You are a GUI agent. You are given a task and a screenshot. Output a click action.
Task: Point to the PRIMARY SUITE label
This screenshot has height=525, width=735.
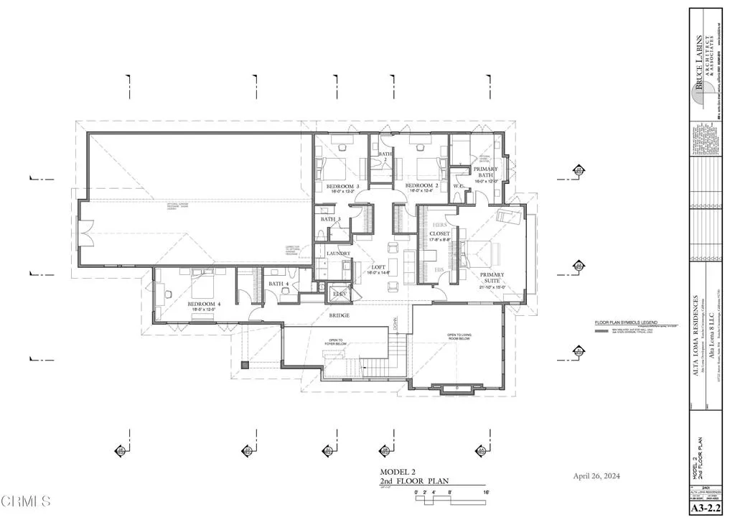(x=492, y=277)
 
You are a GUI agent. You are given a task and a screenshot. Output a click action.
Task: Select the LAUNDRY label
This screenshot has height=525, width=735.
(x=338, y=254)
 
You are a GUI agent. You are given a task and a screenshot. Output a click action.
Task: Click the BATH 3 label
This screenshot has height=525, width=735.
(x=330, y=219)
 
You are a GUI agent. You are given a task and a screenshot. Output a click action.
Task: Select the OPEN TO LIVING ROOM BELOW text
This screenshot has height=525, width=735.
(x=461, y=337)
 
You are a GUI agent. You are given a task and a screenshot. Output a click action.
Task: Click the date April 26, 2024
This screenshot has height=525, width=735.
(x=596, y=476)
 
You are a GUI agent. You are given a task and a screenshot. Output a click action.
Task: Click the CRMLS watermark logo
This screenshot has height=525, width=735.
(x=26, y=501)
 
